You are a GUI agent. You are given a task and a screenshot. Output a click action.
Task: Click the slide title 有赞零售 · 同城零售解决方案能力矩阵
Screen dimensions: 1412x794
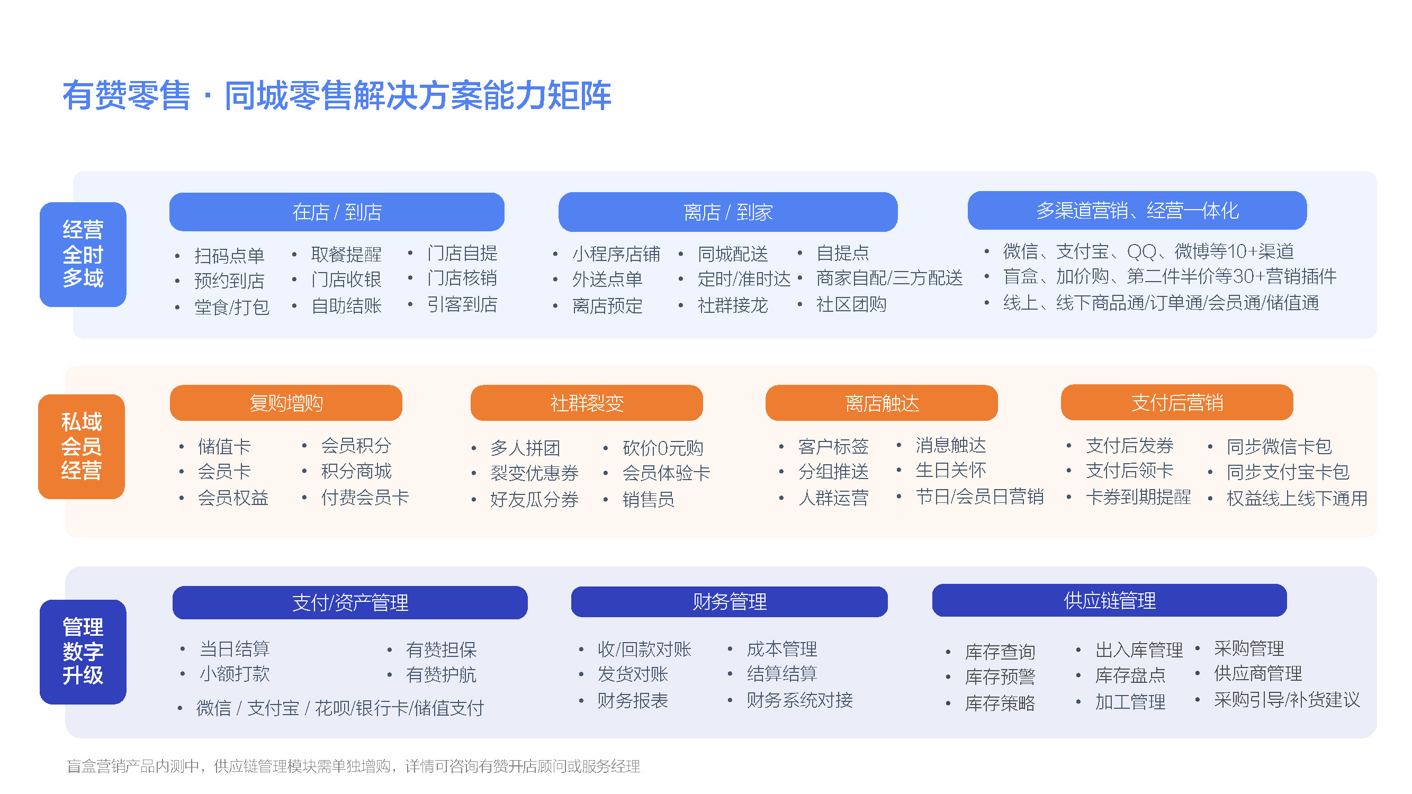[337, 96]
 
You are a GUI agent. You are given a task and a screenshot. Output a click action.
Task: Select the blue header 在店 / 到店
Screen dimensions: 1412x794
[337, 212]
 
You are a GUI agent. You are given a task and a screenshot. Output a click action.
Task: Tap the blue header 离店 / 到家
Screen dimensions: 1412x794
[728, 212]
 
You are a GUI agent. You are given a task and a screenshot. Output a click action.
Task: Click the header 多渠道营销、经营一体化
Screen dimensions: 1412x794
[1137, 211]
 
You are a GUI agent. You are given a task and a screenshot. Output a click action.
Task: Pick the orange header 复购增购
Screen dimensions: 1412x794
[286, 403]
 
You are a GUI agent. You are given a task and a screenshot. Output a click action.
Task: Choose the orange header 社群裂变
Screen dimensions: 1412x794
[587, 403]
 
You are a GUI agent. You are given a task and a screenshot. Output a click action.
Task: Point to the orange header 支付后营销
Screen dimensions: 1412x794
[1177, 403]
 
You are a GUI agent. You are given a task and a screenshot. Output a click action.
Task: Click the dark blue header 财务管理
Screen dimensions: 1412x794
[729, 602]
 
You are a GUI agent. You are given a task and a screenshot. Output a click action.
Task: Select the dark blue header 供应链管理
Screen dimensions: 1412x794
[1110, 601]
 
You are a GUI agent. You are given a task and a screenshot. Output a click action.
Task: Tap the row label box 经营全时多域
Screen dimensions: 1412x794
[83, 254]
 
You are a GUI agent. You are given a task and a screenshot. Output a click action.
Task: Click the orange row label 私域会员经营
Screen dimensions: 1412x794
[82, 447]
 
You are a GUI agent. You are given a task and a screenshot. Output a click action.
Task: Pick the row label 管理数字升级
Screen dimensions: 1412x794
[83, 652]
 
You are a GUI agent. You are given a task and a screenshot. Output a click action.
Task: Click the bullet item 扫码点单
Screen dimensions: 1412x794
[229, 255]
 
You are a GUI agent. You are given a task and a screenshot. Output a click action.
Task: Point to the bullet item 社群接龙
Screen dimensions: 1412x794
[732, 305]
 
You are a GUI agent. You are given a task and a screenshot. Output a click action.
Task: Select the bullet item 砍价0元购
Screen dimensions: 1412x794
[663, 448]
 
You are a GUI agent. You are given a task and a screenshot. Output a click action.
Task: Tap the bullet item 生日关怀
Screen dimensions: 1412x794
[950, 470]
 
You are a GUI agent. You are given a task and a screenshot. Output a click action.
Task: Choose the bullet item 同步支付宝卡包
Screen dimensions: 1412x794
[1288, 472]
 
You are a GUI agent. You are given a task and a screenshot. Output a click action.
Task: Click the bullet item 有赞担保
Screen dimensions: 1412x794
[441, 650]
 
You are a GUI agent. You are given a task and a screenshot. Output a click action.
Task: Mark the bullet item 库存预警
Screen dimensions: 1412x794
[1000, 676]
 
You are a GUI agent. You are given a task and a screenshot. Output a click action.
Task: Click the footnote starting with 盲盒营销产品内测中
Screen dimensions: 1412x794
[354, 766]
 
